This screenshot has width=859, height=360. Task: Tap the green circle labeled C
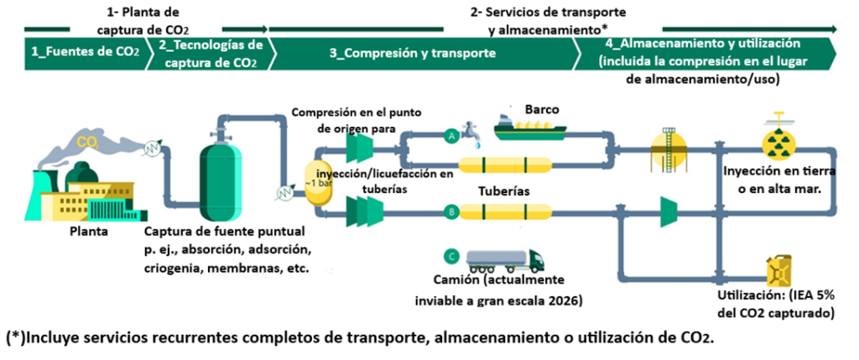(450, 256)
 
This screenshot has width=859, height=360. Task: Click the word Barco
(542, 109)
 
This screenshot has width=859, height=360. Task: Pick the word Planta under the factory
(89, 232)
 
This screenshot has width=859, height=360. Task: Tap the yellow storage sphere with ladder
(669, 148)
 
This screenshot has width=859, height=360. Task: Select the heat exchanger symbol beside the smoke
(153, 149)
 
